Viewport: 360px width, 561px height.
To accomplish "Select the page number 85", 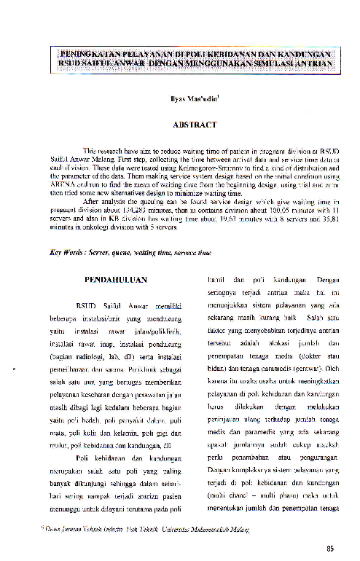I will tap(331, 549).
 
